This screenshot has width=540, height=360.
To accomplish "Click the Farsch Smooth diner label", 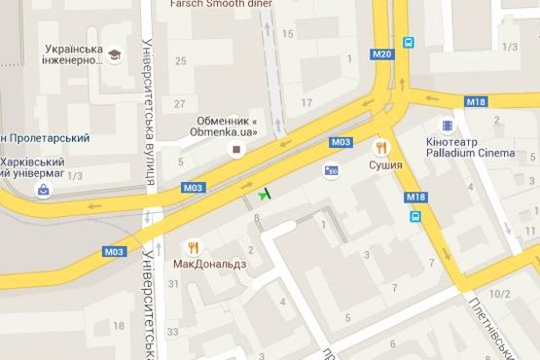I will [221, 4].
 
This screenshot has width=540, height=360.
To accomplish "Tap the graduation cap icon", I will [115, 54].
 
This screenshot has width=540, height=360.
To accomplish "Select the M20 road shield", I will [382, 54].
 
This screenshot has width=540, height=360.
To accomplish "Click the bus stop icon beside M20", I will [410, 43].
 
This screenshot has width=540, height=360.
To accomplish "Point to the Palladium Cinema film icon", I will [447, 126].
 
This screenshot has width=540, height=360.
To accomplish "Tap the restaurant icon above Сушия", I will [380, 148].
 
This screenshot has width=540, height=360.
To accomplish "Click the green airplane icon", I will [264, 193].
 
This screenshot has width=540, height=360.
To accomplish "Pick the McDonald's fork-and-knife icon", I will [194, 247].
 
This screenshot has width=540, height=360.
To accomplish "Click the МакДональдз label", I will [210, 264].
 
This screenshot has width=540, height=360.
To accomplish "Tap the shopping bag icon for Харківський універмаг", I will [43, 189].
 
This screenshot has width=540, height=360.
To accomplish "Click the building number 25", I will [180, 61].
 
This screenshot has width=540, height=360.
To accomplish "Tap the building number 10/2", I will [500, 293].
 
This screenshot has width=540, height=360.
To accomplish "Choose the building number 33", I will [173, 332].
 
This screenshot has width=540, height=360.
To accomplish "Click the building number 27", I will [178, 102].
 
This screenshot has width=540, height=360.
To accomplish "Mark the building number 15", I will [287, 34].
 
